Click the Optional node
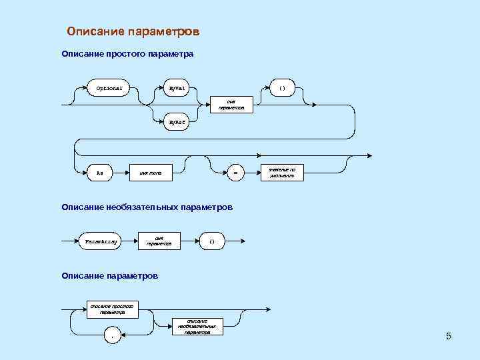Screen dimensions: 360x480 coord(109,88)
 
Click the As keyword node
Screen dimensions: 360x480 coord(100,173)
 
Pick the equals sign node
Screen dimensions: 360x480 coord(235,173)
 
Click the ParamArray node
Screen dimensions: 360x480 coord(100,241)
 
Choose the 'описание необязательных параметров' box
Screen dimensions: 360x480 coord(197,326)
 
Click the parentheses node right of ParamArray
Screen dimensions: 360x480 coord(212,241)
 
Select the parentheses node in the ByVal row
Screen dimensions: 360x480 coord(282,88)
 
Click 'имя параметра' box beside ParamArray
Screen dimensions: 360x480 coord(159,241)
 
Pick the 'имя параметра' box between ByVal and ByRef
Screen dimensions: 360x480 coord(231,105)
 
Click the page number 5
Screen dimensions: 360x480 coord(449,337)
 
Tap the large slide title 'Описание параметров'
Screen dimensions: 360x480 coord(133,32)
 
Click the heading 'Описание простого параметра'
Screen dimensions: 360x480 coord(127,53)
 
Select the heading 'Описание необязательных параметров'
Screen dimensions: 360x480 coord(147,207)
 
